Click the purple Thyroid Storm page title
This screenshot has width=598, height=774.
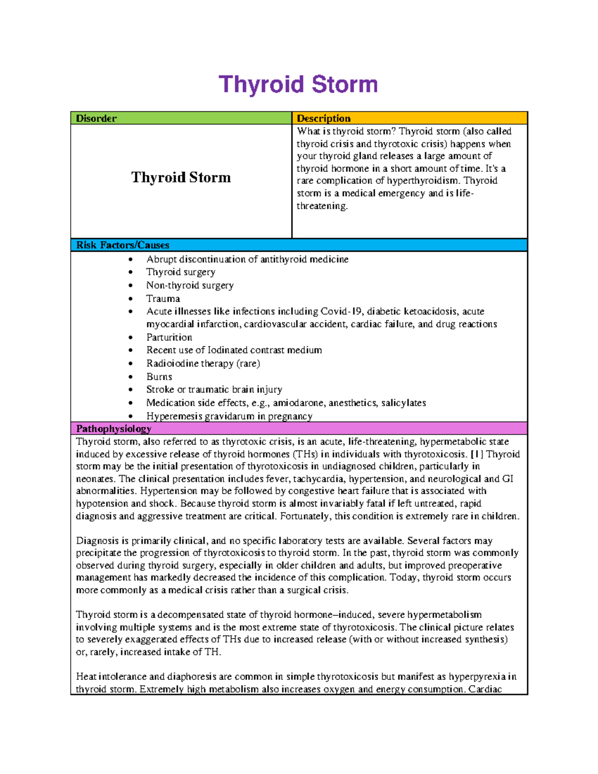298,84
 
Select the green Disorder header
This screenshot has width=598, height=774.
96,119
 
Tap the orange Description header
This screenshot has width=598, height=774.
323,119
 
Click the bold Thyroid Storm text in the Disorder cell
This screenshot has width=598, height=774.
181,177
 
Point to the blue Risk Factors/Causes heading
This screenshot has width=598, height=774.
123,245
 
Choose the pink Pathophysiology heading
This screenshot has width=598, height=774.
114,429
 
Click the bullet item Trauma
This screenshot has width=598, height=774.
163,299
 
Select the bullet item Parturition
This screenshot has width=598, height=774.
169,337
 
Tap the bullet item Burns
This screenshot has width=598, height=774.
159,377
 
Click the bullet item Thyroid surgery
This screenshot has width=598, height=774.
180,272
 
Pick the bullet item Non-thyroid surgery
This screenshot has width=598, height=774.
190,286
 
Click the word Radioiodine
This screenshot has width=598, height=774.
166,363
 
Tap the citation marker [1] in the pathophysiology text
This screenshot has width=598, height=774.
477,454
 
